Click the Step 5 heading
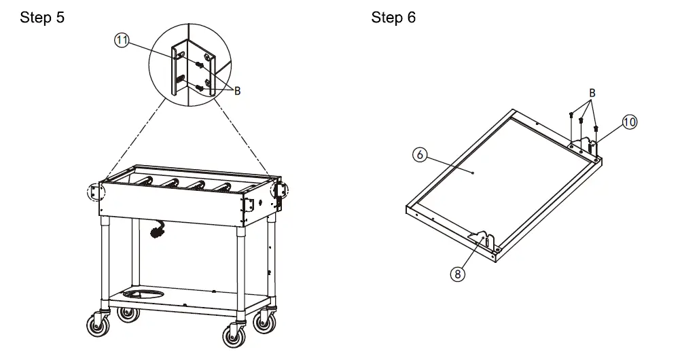(42, 18)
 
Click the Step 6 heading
(393, 18)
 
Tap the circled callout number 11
(122, 40)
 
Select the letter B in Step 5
(237, 91)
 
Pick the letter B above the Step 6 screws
(592, 92)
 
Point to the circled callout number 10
(629, 122)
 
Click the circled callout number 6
(420, 155)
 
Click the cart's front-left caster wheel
(98, 327)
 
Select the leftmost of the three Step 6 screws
(572, 118)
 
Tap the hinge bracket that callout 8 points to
(481, 241)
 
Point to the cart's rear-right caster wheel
(264, 321)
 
